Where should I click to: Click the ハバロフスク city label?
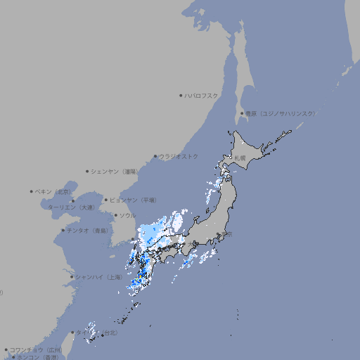click(x=202, y=95)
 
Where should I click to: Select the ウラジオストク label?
click(x=179, y=156)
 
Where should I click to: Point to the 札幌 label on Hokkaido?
click(x=240, y=158)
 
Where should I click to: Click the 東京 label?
click(x=226, y=235)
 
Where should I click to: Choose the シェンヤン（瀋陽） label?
click(x=115, y=171)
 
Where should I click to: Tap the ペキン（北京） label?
click(x=53, y=191)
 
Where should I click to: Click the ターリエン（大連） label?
click(x=70, y=207)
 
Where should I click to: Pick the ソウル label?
click(x=127, y=215)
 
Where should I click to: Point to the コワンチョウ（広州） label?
click(x=36, y=349)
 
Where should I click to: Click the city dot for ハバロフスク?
click(x=181, y=95)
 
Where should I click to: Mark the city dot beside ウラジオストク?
click(x=155, y=157)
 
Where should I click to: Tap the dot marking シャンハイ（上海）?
click(x=71, y=277)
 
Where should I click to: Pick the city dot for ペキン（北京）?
click(x=32, y=191)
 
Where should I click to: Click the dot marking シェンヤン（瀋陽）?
click(x=87, y=171)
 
